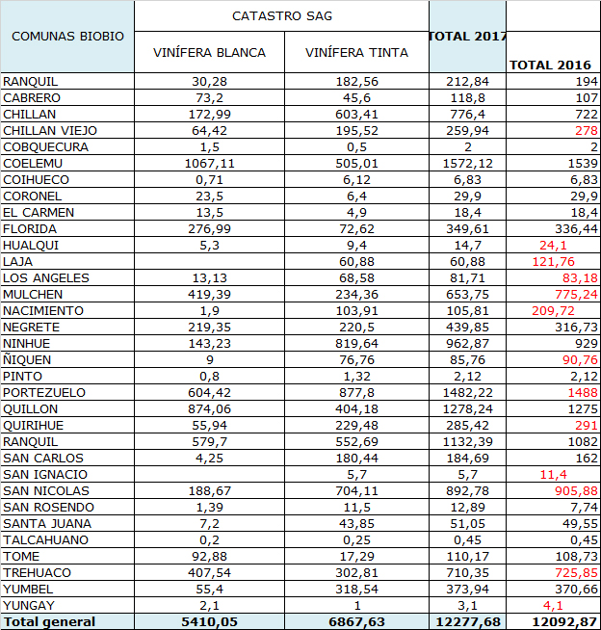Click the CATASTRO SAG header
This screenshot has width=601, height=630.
[x=280, y=16]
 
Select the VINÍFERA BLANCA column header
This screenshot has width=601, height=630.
[x=209, y=52]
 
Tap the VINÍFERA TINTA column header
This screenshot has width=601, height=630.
[x=356, y=52]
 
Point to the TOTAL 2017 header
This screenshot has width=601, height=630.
[x=467, y=37]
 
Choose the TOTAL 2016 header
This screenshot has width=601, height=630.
[x=550, y=65]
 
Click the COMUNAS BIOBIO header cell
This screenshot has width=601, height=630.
[x=67, y=36]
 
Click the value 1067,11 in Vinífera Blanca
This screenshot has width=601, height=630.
[x=209, y=164]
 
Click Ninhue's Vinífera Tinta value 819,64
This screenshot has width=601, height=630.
[x=356, y=344]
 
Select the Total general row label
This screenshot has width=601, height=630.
[x=49, y=621]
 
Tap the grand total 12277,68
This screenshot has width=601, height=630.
[x=467, y=621]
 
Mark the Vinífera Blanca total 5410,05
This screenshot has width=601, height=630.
[x=209, y=621]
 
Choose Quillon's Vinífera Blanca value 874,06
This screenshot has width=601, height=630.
[x=209, y=409]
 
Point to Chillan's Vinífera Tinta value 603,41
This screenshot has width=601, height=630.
[x=356, y=115]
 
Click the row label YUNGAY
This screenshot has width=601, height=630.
[x=29, y=605]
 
